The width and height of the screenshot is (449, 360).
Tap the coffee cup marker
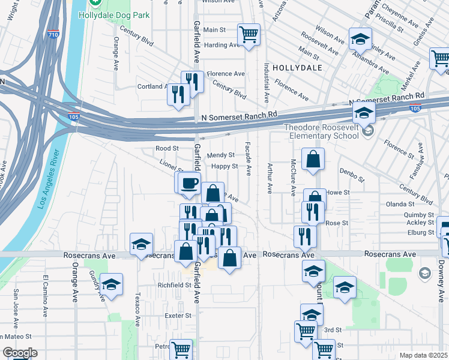click(190, 182)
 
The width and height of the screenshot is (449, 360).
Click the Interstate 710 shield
click(53, 34)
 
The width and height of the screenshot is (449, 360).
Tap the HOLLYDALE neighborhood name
click(297, 68)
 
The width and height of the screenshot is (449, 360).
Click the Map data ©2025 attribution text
click(423, 355)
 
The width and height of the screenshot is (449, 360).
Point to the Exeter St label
click(179, 315)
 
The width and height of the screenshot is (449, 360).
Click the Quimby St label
click(420, 214)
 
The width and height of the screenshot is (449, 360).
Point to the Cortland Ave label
click(154, 86)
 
